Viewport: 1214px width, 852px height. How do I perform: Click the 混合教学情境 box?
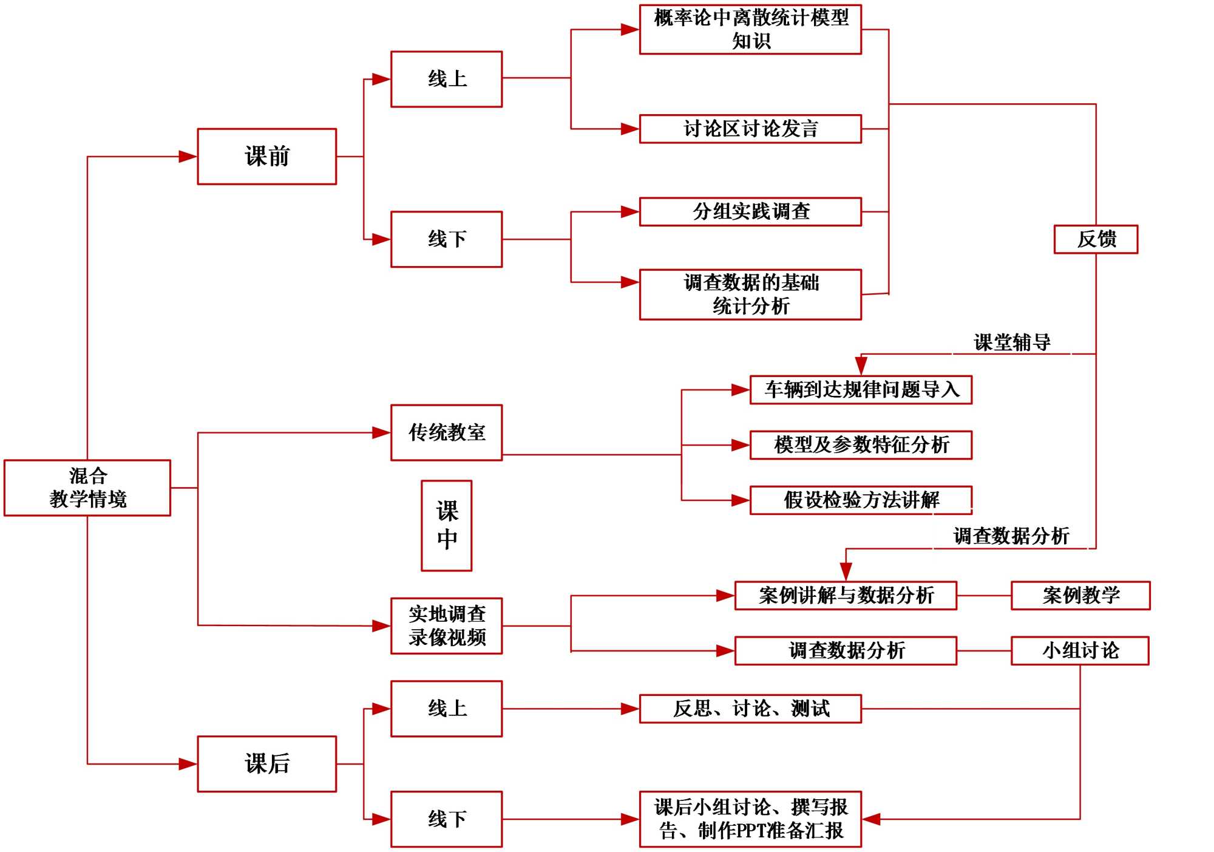[87, 488]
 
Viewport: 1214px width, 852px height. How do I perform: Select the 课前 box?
[266, 157]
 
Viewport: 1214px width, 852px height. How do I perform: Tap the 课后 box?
[266, 764]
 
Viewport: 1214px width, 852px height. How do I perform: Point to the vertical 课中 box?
[447, 526]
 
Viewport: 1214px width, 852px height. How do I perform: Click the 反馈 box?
[1096, 239]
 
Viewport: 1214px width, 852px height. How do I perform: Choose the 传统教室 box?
[447, 432]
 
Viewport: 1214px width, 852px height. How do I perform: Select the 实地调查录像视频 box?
[447, 625]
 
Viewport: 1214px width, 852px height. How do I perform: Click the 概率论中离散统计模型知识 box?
[750, 29]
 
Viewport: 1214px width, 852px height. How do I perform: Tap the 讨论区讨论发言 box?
[750, 129]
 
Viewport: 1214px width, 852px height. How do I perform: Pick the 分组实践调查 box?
[750, 211]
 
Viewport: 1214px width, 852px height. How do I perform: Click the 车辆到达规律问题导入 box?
[861, 389]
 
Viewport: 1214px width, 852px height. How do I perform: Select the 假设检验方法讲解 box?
[861, 500]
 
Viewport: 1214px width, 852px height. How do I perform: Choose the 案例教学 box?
[1080, 595]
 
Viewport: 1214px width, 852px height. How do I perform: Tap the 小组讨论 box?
[1080, 650]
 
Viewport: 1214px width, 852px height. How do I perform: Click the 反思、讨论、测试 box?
[750, 709]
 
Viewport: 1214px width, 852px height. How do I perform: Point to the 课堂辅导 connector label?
[1012, 343]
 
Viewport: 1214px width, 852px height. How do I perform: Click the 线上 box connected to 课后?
[447, 709]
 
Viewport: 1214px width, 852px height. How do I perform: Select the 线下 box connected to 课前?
[447, 239]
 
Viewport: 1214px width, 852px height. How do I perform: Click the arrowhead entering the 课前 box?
[188, 157]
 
